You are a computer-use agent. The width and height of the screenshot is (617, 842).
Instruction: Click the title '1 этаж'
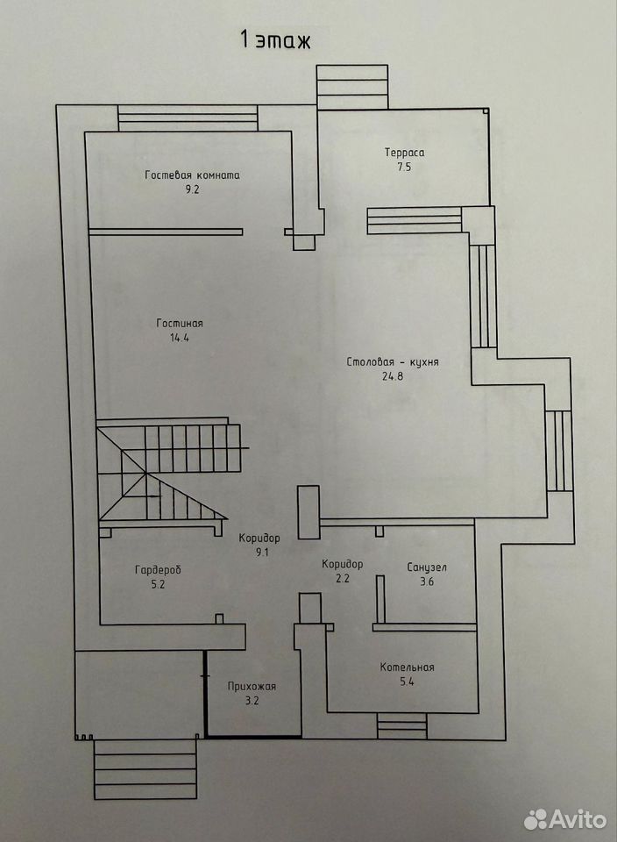point(275,41)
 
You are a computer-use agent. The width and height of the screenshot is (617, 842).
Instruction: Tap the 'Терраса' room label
point(405,153)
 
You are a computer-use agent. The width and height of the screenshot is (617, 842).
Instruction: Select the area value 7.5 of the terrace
point(405,167)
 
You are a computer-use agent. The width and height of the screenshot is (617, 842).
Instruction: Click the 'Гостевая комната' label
point(192,175)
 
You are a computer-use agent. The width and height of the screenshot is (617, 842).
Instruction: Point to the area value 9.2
point(192,189)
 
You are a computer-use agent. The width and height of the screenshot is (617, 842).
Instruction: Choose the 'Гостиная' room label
point(180,324)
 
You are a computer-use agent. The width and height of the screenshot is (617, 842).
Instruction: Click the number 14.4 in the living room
point(179,338)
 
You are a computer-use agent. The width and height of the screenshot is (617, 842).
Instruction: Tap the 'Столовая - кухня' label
point(393,362)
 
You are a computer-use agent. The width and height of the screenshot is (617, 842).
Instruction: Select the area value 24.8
point(393,376)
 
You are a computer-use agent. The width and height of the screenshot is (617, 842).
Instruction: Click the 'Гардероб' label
point(158,570)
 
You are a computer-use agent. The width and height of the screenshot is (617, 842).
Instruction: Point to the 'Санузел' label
point(427,567)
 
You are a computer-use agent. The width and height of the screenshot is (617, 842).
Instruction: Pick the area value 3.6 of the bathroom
point(427,582)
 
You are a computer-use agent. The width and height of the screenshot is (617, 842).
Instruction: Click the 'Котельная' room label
point(407,667)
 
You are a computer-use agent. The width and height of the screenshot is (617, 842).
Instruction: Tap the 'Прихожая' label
point(252,686)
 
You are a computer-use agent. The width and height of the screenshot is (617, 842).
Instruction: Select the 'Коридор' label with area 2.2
point(343,564)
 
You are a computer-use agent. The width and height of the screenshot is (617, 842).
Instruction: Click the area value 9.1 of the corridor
point(261,552)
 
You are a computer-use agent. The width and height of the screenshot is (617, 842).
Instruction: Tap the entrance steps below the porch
point(145,769)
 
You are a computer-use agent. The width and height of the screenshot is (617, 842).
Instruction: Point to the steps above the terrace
point(352,87)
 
